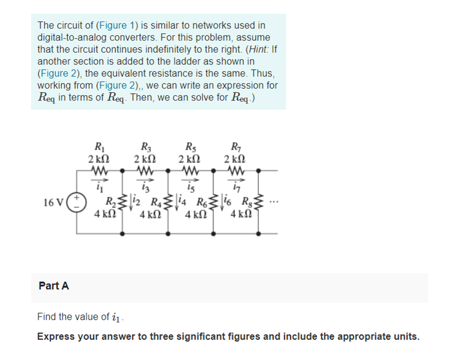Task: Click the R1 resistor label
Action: [x=99, y=146]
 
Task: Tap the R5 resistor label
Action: [x=191, y=146]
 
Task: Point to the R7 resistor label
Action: [x=236, y=146]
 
